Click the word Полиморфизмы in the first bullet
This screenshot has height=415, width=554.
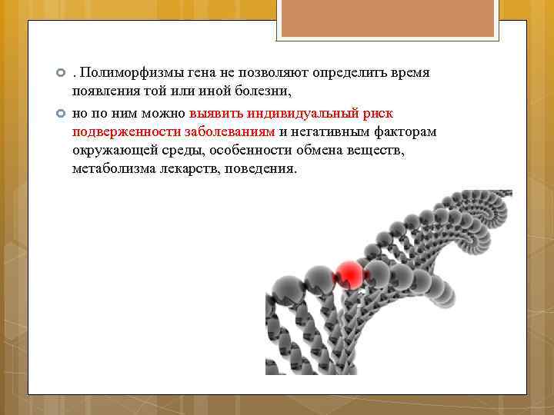coord(128,72)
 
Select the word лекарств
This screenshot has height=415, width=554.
coord(189,168)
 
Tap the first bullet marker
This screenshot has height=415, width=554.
coord(61,72)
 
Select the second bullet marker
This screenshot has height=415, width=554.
coord(61,112)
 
